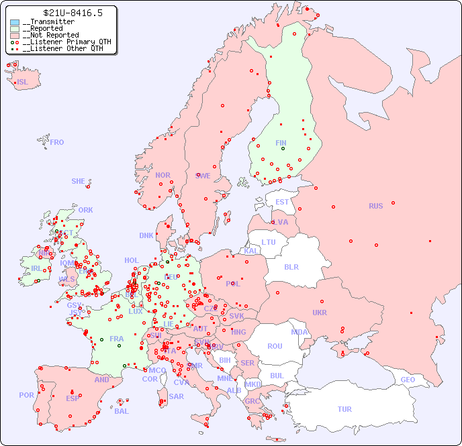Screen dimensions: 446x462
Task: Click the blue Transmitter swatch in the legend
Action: [x=15, y=22]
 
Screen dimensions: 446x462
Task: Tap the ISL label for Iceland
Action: [x=23, y=82]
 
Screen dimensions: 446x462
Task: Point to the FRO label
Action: [x=57, y=142]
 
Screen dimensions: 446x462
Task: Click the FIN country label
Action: [x=281, y=143]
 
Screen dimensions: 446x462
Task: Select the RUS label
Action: [x=375, y=206]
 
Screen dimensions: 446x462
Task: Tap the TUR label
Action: [x=344, y=409]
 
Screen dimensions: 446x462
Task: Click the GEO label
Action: [x=408, y=380]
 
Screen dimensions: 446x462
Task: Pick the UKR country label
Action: [x=320, y=313]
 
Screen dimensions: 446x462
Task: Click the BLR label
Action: [x=291, y=266]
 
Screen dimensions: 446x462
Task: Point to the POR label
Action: [x=26, y=395]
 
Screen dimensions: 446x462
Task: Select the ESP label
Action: [x=73, y=398]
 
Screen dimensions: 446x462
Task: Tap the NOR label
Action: [x=163, y=175]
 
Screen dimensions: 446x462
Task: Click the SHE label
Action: [x=79, y=181]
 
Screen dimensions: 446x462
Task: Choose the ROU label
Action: [x=275, y=346]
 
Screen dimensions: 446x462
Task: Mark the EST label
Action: [x=282, y=202]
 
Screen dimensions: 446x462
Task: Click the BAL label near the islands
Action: [x=121, y=411]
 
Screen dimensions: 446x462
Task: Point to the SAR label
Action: [x=176, y=396]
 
